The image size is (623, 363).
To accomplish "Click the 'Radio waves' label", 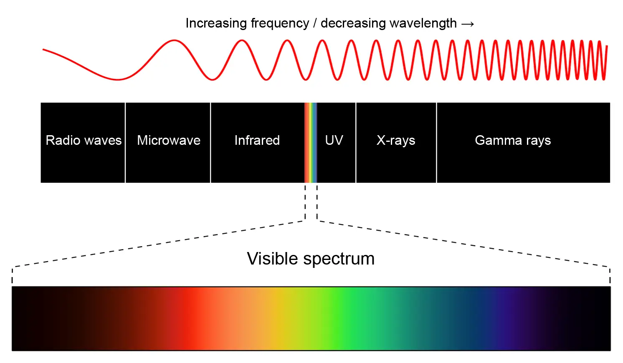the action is (84, 140).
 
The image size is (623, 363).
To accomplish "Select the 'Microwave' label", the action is (169, 140).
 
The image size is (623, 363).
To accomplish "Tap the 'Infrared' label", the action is (257, 140).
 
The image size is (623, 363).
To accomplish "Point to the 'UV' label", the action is (334, 140).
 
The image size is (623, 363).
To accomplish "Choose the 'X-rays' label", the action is (396, 141).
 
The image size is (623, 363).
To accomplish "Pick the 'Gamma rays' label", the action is (513, 141).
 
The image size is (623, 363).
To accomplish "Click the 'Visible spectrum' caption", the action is (311, 259).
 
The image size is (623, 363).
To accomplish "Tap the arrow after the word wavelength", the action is (468, 24).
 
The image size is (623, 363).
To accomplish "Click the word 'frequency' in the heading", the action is (280, 23).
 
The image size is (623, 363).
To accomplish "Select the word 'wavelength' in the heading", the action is (423, 23).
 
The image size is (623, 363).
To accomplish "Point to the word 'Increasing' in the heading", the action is (216, 23).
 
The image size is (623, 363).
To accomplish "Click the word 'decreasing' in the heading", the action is (353, 23).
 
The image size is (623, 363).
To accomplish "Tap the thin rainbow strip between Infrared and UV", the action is (311, 143).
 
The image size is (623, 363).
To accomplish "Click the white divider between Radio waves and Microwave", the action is (125, 143).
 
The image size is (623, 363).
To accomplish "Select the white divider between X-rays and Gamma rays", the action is (436, 143).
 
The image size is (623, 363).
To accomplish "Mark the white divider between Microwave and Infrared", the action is (210, 143).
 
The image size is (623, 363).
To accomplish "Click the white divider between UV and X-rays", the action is (356, 143).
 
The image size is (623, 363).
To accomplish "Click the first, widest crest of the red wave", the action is (174, 41).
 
